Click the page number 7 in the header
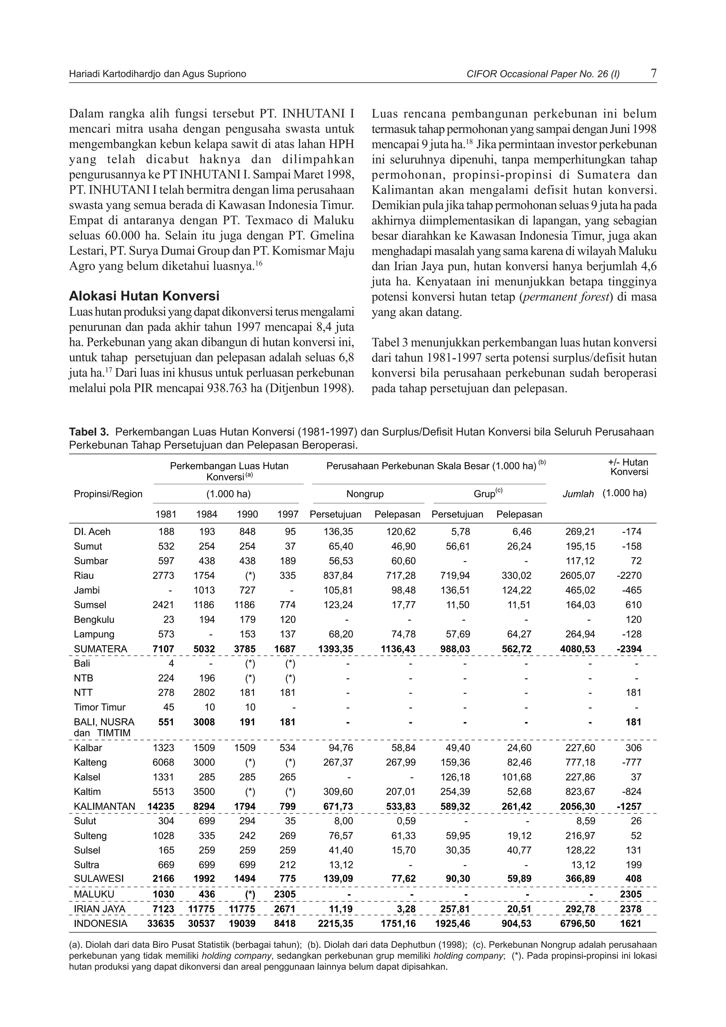click(654, 73)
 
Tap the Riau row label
click(84, 576)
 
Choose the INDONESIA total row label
click(101, 924)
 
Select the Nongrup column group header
click(365, 494)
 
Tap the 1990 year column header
click(247, 515)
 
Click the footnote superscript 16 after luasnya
click(258, 263)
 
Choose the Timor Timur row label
click(100, 707)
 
